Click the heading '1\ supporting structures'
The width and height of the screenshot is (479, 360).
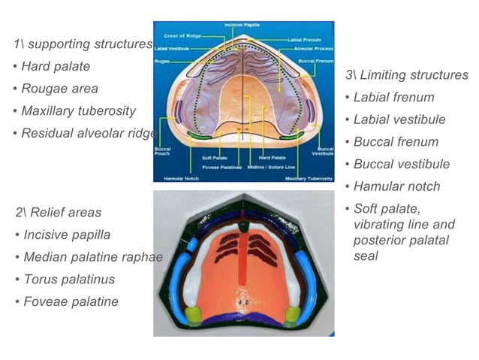(83, 44)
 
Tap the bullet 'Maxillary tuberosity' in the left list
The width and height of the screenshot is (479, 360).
(78, 111)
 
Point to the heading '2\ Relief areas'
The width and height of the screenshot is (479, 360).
(58, 213)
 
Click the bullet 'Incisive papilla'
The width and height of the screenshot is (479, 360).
(66, 234)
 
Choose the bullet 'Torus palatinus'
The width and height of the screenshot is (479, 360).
(68, 280)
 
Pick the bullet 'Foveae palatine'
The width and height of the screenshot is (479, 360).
(71, 301)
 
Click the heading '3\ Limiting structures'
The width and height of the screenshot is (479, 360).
(406, 75)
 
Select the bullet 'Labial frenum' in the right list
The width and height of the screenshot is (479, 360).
(393, 98)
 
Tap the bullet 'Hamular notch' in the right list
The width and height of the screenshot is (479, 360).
(396, 186)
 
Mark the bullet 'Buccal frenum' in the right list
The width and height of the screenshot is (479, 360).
(396, 142)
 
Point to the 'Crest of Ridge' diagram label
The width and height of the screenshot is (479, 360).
(185, 35)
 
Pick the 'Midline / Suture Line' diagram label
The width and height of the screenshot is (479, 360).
(271, 167)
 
